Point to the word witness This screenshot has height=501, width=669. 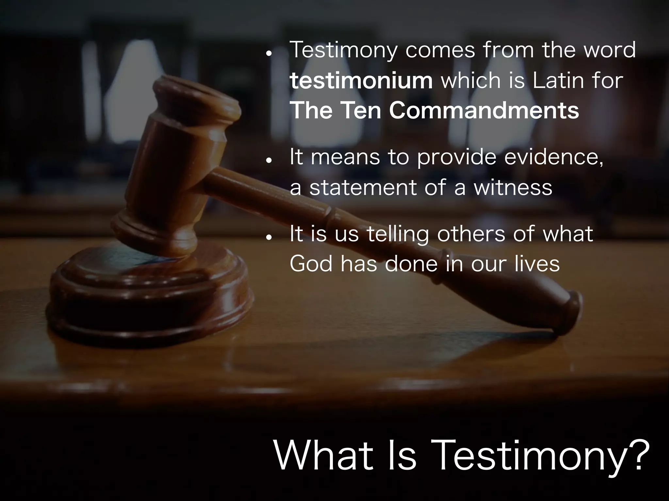(x=513, y=188)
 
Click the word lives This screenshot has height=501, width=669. (x=537, y=264)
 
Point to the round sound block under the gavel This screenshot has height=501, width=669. (x=147, y=294)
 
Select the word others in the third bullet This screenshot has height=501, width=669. (x=471, y=234)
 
